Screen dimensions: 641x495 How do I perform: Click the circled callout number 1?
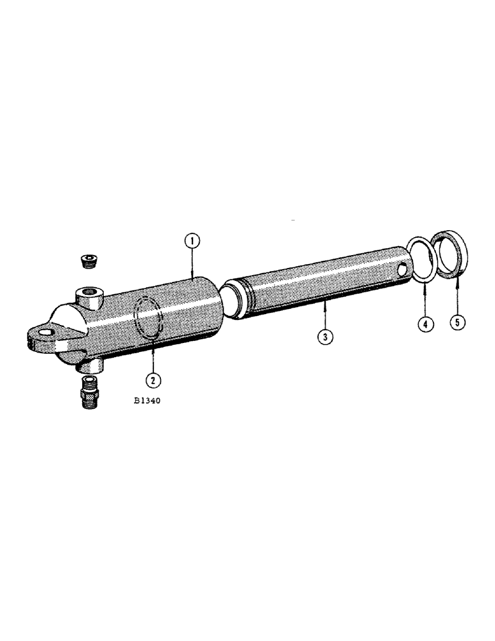(x=192, y=242)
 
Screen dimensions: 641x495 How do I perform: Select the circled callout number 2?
(x=153, y=380)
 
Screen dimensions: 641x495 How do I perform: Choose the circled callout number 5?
(x=457, y=322)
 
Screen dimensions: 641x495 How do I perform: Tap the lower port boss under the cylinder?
(x=90, y=365)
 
